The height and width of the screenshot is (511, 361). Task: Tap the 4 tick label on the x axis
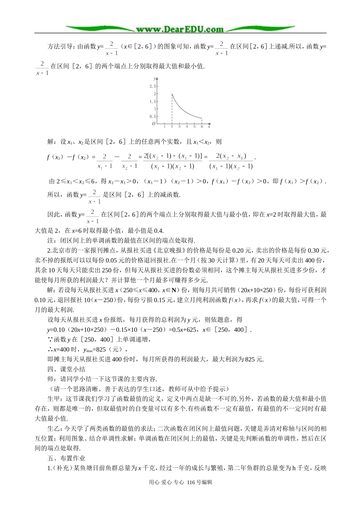click(x=187, y=127)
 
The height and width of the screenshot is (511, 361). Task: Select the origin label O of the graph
click(x=154, y=124)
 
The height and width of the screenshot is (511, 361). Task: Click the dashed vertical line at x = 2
click(x=172, y=110)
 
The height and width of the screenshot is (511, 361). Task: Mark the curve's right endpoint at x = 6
click(x=202, y=118)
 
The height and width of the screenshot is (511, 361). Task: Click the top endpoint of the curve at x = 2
click(x=172, y=94)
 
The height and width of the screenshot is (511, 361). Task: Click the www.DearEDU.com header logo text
click(x=180, y=29)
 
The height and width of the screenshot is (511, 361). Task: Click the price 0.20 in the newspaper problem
click(x=239, y=251)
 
